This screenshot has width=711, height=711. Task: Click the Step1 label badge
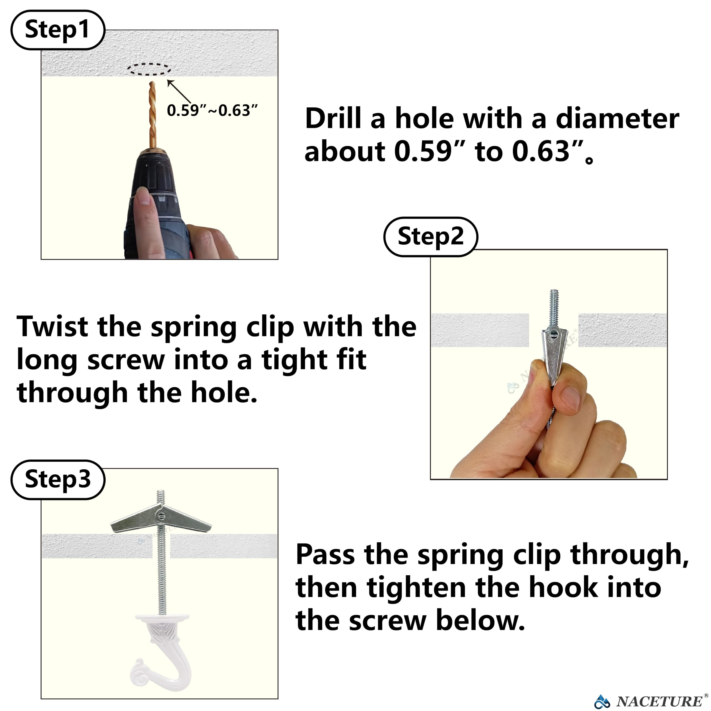(58, 30)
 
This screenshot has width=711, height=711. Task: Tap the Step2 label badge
(430, 237)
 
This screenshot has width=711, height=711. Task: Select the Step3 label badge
(58, 480)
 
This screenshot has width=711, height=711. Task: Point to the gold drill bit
(152, 114)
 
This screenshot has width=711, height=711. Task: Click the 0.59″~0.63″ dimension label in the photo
(212, 111)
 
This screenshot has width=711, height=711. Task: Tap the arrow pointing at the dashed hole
(179, 92)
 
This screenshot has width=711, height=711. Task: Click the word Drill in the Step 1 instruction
(333, 119)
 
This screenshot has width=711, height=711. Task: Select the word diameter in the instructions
(617, 119)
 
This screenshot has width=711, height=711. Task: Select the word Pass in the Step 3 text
(324, 555)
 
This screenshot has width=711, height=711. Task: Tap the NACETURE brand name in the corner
(659, 701)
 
